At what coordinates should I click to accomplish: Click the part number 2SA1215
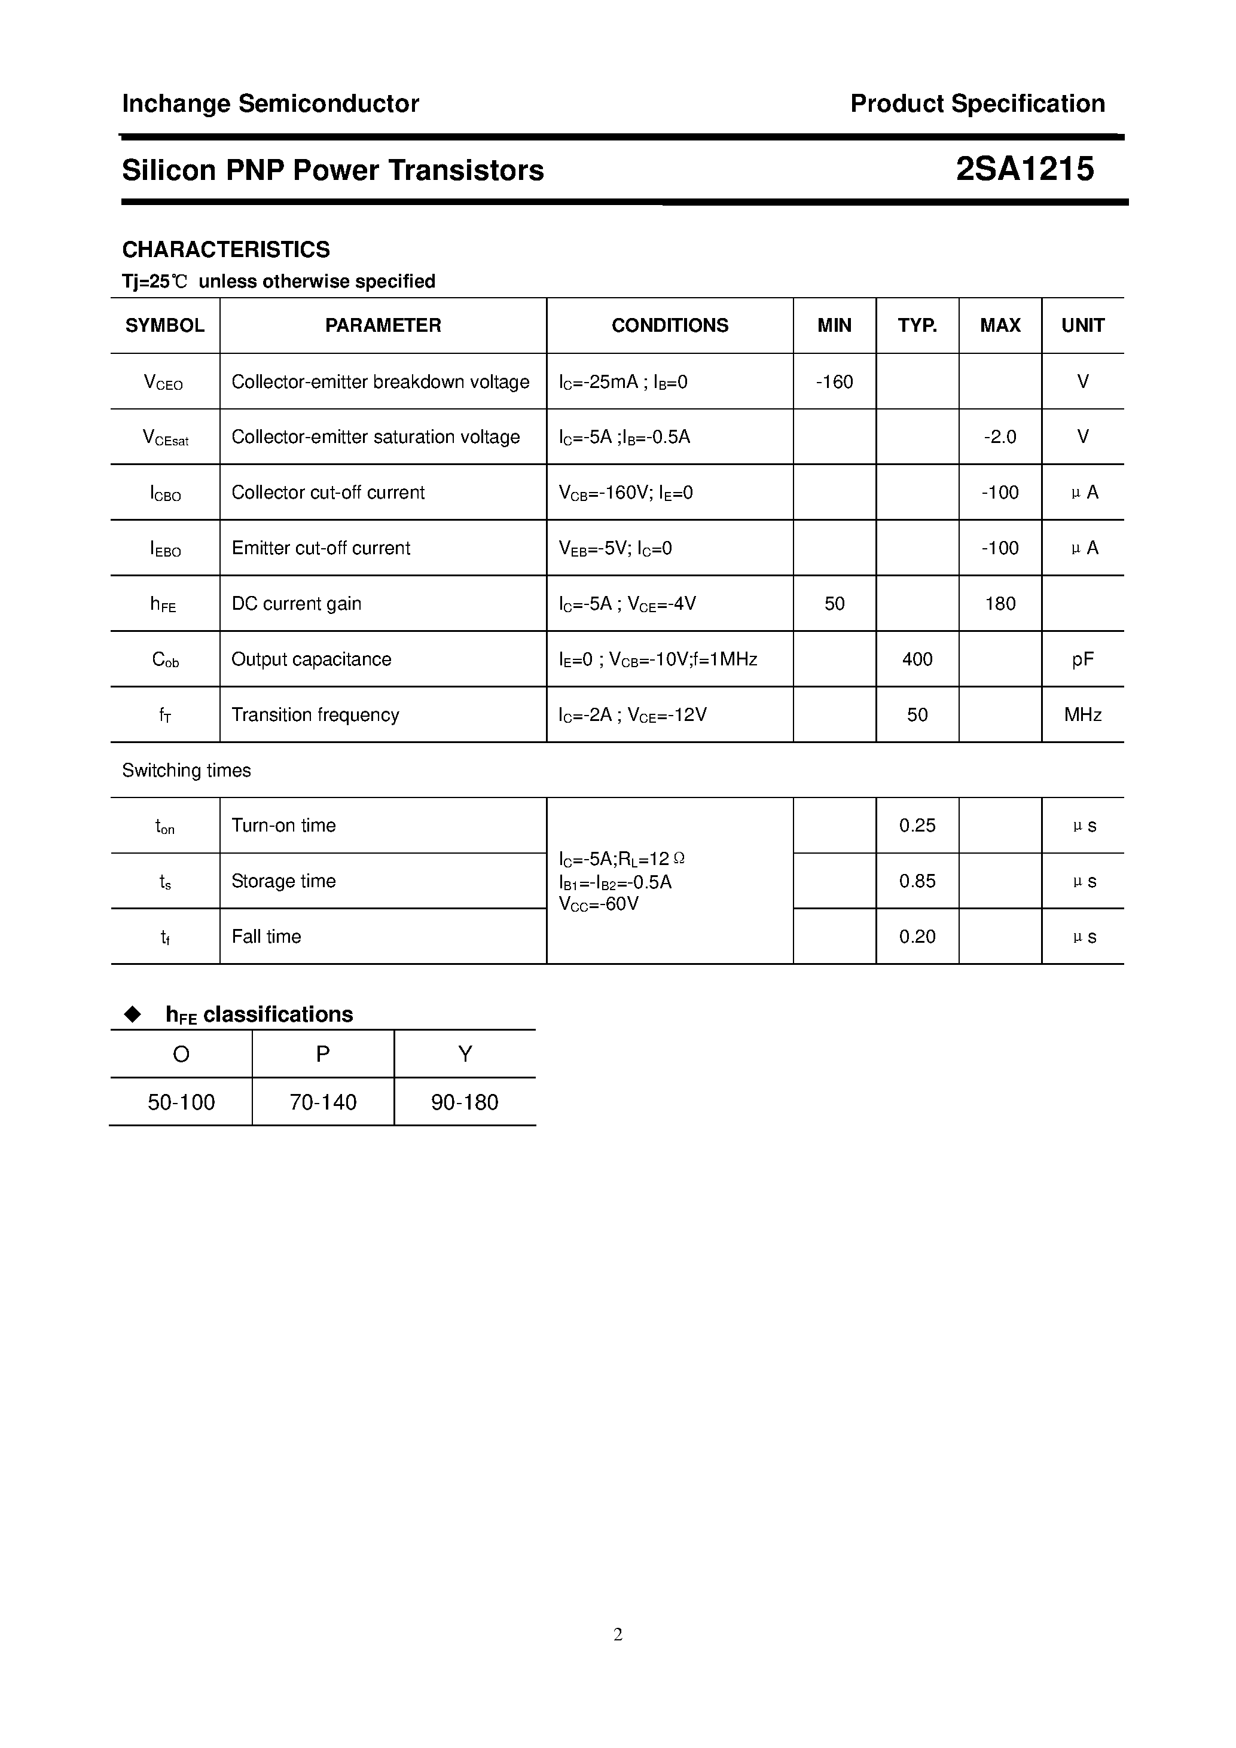pyautogui.click(x=1024, y=169)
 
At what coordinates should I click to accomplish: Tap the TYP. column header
pyautogui.click(x=917, y=326)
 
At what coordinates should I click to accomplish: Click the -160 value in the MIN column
pyautogui.click(x=834, y=381)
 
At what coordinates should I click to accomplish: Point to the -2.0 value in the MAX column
pyautogui.click(x=999, y=437)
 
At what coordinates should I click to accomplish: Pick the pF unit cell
pyautogui.click(x=1082, y=659)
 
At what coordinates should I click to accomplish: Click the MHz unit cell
pyautogui.click(x=1082, y=715)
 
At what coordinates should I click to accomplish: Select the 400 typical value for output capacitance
pyautogui.click(x=917, y=659)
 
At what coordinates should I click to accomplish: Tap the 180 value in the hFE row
pyautogui.click(x=999, y=604)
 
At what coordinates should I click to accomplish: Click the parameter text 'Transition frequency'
pyautogui.click(x=315, y=715)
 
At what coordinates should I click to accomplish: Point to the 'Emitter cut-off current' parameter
pyautogui.click(x=321, y=548)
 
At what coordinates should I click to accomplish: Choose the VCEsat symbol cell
pyautogui.click(x=165, y=438)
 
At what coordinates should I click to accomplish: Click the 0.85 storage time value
pyautogui.click(x=917, y=881)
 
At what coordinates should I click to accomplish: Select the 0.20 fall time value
pyautogui.click(x=917, y=936)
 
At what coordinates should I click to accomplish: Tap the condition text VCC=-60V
pyautogui.click(x=599, y=904)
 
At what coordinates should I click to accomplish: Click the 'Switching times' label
pyautogui.click(x=187, y=771)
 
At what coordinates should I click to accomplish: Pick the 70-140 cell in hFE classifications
pyautogui.click(x=323, y=1102)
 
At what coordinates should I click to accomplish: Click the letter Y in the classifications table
pyautogui.click(x=465, y=1054)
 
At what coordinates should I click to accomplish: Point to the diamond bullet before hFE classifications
pyautogui.click(x=133, y=1014)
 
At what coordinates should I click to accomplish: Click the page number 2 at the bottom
pyautogui.click(x=618, y=1634)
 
